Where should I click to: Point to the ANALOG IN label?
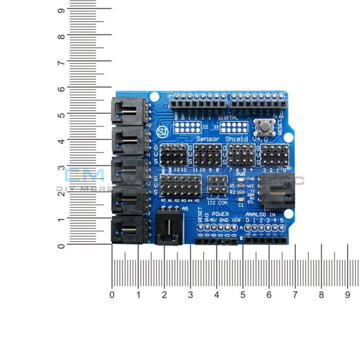260,214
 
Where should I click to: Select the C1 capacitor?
241,199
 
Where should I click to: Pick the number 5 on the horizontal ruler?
243,295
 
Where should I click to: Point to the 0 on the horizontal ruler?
112,295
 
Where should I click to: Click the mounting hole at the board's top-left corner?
154,96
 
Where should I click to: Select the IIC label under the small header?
211,203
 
